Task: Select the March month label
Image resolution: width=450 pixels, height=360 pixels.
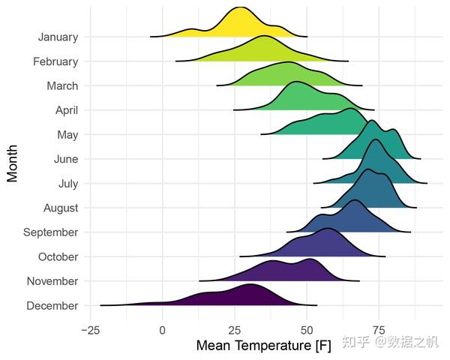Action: click(62, 86)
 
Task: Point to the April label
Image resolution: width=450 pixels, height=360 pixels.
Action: click(66, 110)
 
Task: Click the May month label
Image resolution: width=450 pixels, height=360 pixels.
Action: click(67, 135)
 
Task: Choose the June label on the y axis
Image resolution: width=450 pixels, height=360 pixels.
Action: click(65, 159)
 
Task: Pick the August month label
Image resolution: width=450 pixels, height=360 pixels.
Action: click(59, 208)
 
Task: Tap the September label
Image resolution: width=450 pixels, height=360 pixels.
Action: click(51, 232)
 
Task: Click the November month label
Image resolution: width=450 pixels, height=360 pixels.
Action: click(52, 281)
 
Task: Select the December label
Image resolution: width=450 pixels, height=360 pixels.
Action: click(52, 306)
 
